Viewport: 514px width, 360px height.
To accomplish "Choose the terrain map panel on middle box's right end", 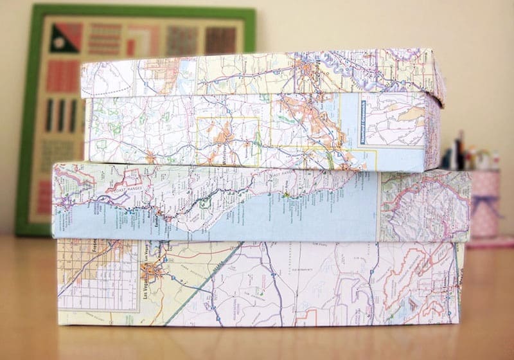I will (x=424, y=206).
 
